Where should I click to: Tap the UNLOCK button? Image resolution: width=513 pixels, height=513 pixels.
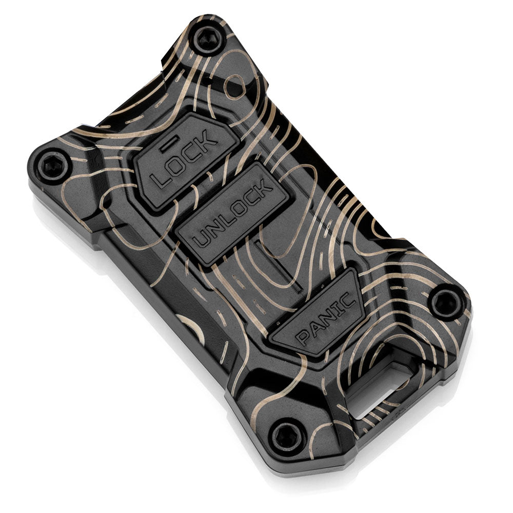click(233, 214)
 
